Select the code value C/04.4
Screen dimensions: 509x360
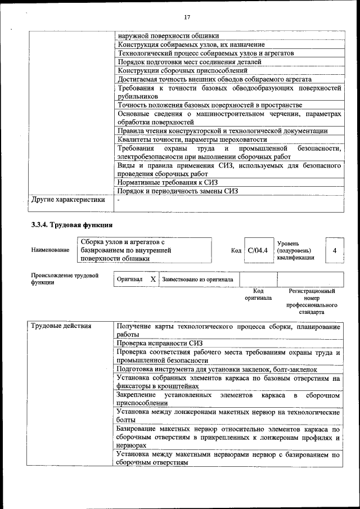258,250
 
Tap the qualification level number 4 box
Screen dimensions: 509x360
334,250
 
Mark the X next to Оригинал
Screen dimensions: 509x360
152,279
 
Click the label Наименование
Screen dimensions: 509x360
50,250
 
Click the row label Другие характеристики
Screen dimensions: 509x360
68,199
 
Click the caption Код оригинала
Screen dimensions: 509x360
258,295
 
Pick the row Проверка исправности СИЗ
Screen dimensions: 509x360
159,343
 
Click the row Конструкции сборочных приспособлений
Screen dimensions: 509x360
182,71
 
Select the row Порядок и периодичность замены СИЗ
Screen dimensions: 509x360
178,191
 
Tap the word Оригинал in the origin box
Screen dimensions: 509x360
129,279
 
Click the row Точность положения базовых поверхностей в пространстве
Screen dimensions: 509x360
209,105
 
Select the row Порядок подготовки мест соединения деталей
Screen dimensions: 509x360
189,62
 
